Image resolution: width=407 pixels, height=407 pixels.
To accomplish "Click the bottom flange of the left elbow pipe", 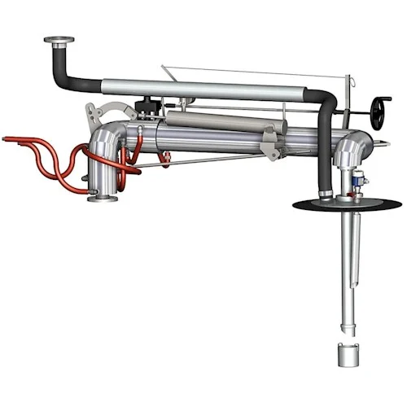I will pos(103,197).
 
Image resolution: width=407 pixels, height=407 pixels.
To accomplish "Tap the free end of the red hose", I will pos(7,139).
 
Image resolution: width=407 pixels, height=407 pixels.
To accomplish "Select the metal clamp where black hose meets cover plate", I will pos(326,193).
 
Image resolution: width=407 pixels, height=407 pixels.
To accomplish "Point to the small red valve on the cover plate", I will pos(348,195).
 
